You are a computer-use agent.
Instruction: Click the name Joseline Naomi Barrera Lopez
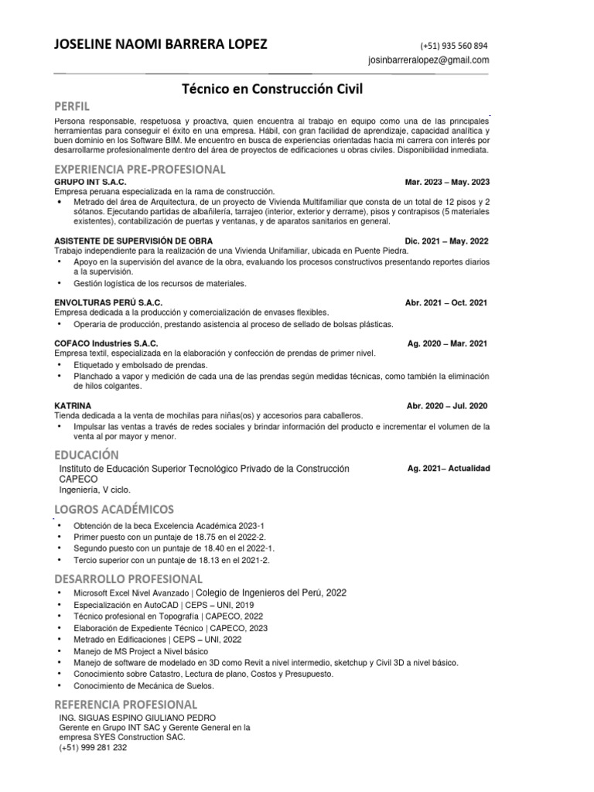[160, 45]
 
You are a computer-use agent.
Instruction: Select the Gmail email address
[428, 60]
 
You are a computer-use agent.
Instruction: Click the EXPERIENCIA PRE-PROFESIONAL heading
[140, 169]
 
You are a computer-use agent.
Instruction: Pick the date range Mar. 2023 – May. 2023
[447, 182]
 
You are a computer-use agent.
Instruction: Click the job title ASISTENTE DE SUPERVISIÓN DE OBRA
[133, 241]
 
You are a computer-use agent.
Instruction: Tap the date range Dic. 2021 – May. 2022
[447, 241]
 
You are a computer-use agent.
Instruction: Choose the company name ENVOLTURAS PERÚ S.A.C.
[108, 302]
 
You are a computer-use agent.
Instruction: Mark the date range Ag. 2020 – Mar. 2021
[447, 343]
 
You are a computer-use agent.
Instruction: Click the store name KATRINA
[73, 405]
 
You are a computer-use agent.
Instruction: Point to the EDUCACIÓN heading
[86, 454]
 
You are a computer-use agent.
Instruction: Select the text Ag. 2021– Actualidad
[449, 469]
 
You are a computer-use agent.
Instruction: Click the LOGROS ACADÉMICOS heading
[114, 509]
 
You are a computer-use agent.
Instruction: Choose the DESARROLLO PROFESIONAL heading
[128, 579]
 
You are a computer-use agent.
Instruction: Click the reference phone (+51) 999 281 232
[93, 748]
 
